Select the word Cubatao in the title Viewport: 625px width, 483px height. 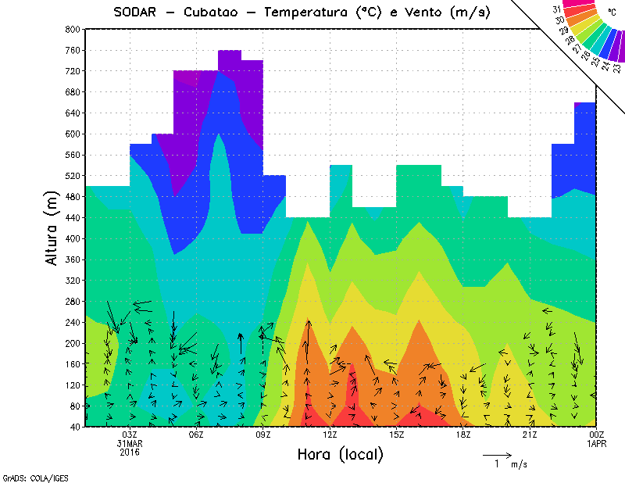click(220, 12)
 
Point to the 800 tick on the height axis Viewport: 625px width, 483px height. click(73, 29)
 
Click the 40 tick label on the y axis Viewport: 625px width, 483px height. click(75, 427)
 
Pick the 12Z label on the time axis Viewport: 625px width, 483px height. click(330, 435)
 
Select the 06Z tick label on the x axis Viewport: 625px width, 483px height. click(196, 435)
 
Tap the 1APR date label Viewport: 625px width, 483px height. click(597, 443)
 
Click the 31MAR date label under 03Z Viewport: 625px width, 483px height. click(130, 443)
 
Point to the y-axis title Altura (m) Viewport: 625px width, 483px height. click(52, 227)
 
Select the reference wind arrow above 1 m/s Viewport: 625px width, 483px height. click(497, 453)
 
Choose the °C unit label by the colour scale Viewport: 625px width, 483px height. click(610, 12)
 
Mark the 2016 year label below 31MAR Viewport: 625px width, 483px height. click(130, 452)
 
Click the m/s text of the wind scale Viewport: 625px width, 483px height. click(519, 464)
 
